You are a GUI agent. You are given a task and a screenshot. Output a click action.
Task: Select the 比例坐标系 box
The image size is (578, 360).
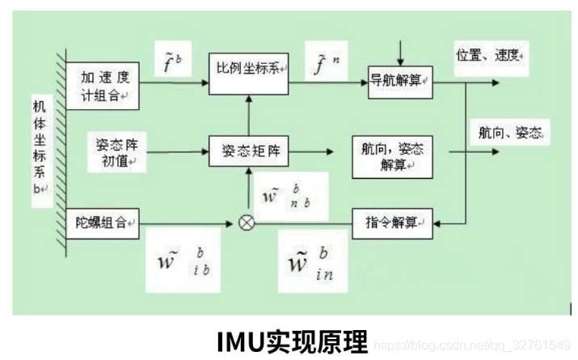coord(248,67)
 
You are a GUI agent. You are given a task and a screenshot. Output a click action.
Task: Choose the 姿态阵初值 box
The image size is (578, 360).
coord(116,152)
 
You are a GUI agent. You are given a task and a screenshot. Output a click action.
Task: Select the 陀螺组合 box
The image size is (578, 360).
coord(103,222)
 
